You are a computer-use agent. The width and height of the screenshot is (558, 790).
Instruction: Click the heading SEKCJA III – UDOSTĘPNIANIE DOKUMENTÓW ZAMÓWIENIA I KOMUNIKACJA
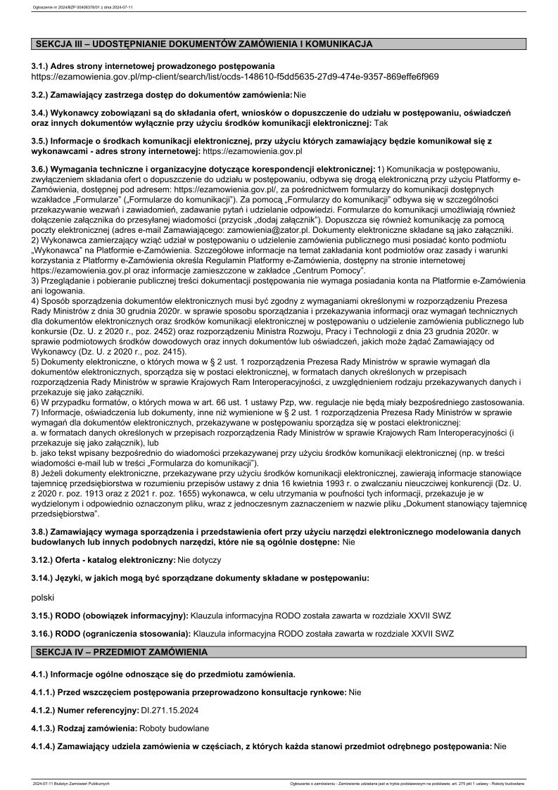[204, 44]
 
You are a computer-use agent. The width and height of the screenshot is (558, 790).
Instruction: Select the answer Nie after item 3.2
[300, 94]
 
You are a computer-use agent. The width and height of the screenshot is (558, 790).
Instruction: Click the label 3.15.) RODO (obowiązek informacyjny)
[109, 615]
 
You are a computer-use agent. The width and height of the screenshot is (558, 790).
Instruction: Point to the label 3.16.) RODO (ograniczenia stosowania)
[109, 633]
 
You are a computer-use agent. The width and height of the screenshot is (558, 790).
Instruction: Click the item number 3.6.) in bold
[43, 169]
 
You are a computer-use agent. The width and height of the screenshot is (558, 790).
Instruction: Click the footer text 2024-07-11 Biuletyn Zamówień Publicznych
[71, 783]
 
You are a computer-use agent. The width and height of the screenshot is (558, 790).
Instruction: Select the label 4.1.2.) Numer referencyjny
[83, 710]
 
